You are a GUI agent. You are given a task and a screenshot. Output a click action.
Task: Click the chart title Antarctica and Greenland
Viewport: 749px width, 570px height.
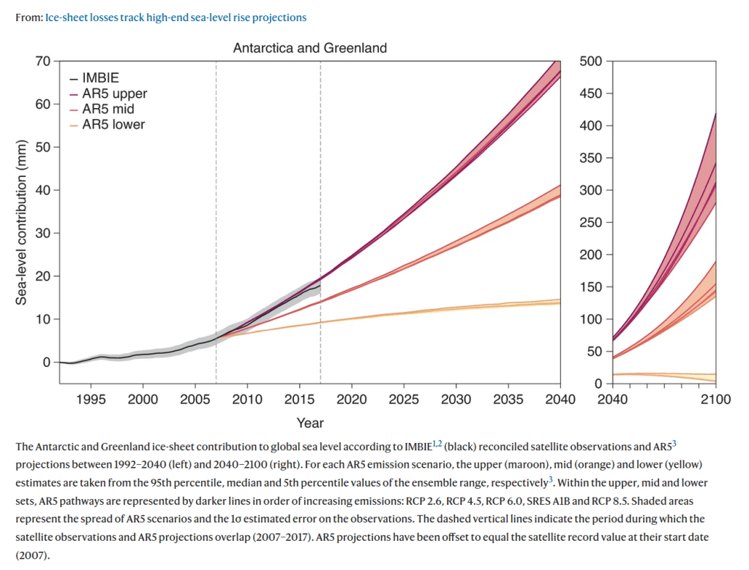309,48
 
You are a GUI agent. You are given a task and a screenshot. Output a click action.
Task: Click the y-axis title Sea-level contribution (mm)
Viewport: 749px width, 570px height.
22,222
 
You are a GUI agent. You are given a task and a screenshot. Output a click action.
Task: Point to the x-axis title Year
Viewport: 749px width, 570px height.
309,422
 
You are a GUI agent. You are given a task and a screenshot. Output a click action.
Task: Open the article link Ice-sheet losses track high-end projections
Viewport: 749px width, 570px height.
176,17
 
